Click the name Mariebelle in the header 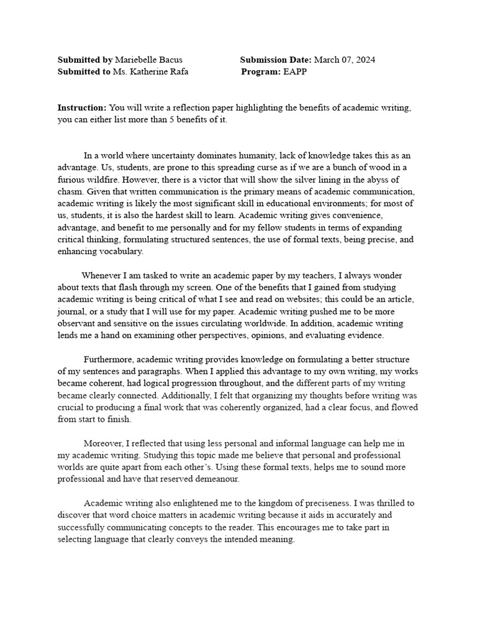(x=137, y=60)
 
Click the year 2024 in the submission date (x=364, y=60)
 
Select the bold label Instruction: (x=82, y=108)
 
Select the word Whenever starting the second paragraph (x=103, y=275)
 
